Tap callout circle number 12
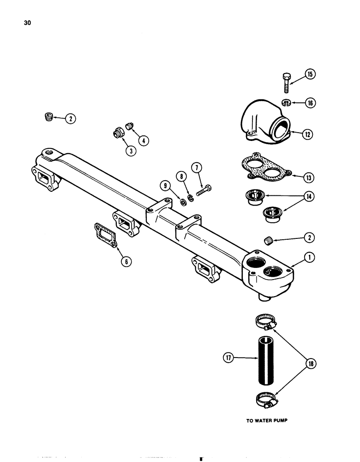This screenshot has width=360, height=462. pyautogui.click(x=308, y=134)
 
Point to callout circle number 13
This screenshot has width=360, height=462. pyautogui.click(x=308, y=177)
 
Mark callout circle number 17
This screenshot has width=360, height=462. pyautogui.click(x=228, y=357)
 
